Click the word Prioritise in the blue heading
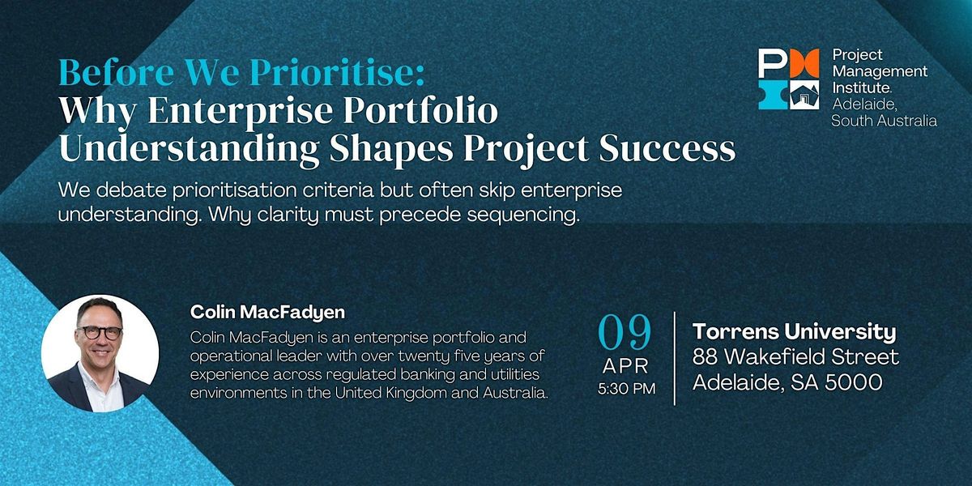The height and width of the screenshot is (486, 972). click(338, 73)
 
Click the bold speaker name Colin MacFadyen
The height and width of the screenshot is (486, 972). click(267, 312)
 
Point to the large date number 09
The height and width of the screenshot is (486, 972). click(625, 332)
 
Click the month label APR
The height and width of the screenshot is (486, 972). click(625, 366)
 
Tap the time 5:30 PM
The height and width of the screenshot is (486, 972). click(626, 388)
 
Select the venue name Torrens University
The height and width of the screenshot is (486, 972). click(794, 332)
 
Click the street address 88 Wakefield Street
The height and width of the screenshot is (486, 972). click(795, 357)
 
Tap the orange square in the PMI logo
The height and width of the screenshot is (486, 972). click(804, 63)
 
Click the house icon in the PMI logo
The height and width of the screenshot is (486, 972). click(804, 95)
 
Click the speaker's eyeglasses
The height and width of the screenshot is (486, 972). click(100, 332)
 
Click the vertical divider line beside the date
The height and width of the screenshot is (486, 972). click(675, 358)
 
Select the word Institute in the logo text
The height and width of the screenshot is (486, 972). click(862, 87)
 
